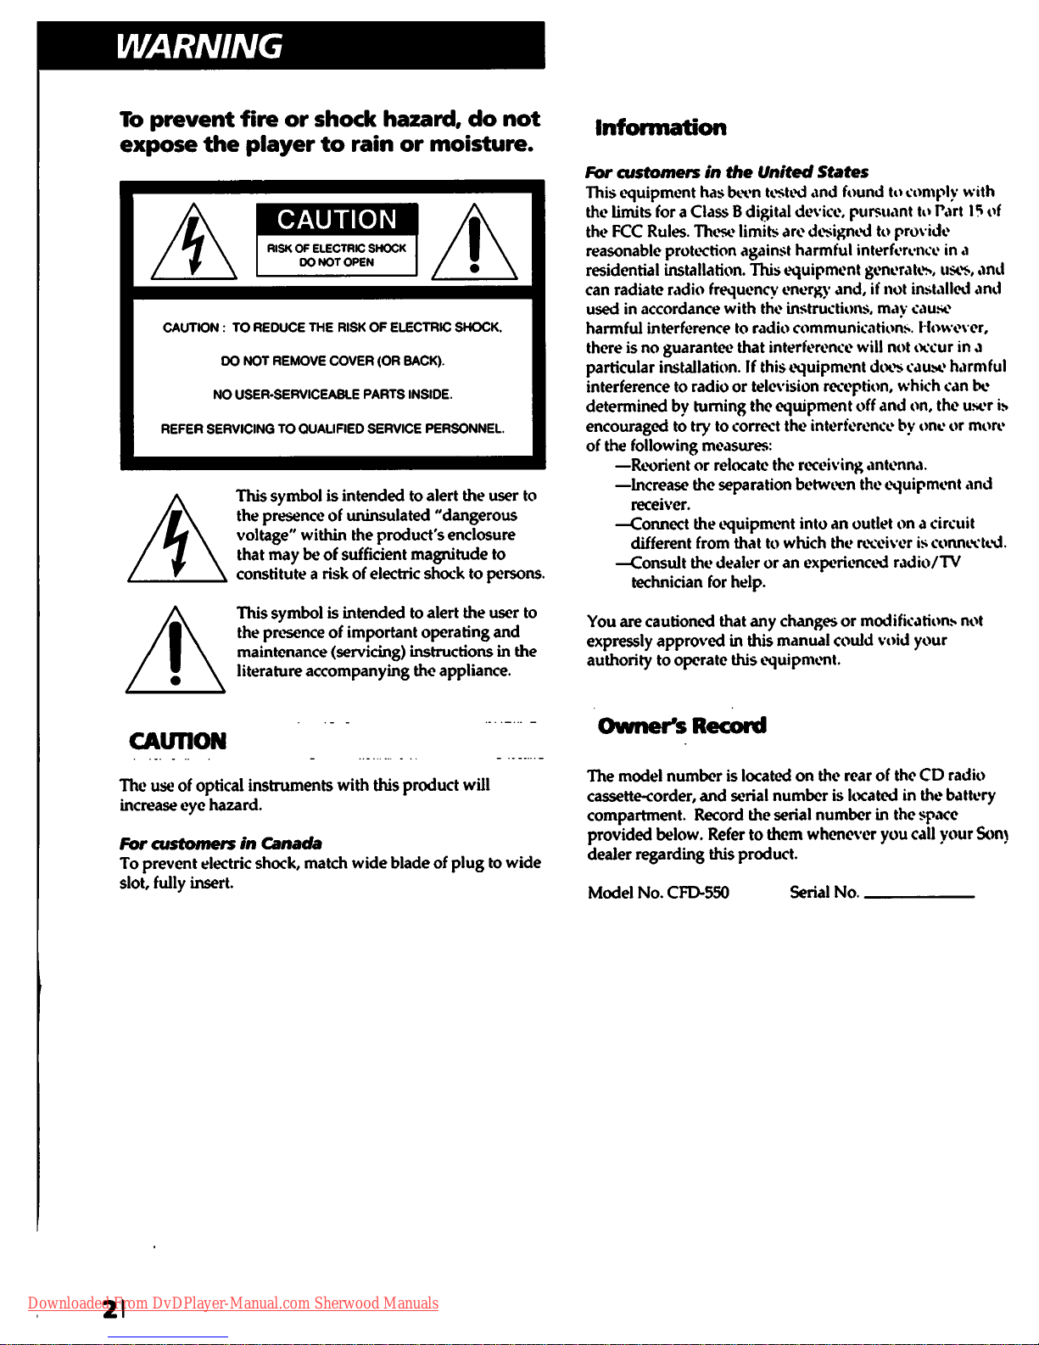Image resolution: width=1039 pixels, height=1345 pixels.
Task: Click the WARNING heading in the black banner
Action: [x=199, y=46]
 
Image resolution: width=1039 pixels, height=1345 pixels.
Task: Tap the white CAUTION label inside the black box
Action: [x=337, y=220]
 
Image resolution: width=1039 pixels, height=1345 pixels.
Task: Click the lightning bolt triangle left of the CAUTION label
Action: [x=193, y=244]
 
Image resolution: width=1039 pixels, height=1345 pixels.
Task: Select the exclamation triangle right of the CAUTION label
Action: [x=474, y=244]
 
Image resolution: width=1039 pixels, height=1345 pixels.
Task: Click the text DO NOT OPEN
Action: [x=337, y=263]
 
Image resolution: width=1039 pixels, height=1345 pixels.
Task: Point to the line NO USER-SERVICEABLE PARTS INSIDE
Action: [x=332, y=395]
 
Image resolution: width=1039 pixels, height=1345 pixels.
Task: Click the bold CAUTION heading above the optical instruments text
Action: [x=177, y=742]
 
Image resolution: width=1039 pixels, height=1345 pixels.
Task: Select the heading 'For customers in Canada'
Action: [x=221, y=843]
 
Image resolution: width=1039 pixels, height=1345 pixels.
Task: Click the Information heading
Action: [x=661, y=128]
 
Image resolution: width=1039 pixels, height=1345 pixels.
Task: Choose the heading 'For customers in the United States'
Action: [x=727, y=172]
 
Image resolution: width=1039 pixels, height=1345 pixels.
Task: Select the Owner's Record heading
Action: [x=682, y=726]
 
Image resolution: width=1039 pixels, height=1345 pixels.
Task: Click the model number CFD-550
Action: [x=698, y=893]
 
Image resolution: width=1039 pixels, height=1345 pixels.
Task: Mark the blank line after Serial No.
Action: [x=919, y=896]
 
